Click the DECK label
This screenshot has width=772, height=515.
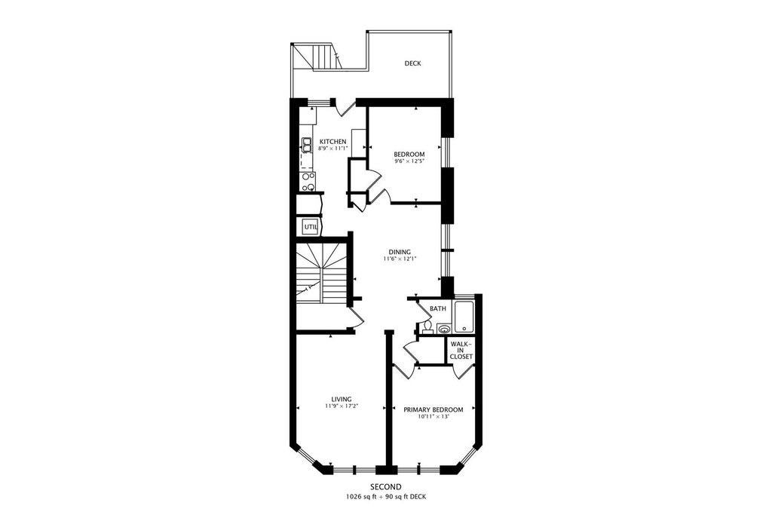(x=412, y=63)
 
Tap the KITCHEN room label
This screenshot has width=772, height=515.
(x=332, y=142)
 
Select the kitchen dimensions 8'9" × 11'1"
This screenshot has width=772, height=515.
(x=332, y=149)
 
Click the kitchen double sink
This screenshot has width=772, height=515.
(x=307, y=145)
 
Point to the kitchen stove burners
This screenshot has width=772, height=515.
(x=308, y=182)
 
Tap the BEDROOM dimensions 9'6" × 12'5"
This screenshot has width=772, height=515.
(x=409, y=161)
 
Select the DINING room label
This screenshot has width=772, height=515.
(x=400, y=252)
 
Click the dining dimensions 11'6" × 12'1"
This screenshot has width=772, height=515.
(x=400, y=259)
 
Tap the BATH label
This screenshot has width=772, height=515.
(x=438, y=309)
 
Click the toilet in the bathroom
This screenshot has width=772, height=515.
(x=427, y=327)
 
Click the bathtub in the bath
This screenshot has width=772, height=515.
(x=464, y=317)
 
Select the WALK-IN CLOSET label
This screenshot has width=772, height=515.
(x=461, y=350)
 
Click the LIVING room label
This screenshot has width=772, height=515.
(x=342, y=400)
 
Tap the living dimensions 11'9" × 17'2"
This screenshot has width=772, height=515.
(x=342, y=406)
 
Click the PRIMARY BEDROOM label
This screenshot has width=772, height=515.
(x=433, y=410)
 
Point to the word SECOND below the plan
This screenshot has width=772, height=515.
(x=385, y=488)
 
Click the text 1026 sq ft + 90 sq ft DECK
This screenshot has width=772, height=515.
(x=385, y=497)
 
